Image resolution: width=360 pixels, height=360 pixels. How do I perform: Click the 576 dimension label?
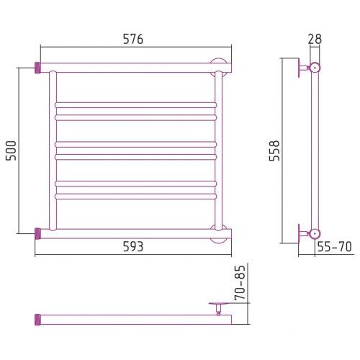click(x=133, y=39)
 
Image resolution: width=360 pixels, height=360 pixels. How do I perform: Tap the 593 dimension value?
click(x=133, y=246)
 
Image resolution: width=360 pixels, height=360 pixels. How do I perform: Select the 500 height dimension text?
click(x=11, y=150)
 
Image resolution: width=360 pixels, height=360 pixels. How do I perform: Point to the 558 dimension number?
click(x=274, y=150)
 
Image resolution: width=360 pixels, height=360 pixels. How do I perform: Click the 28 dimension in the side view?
click(x=315, y=39)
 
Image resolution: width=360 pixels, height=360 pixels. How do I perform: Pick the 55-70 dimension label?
click(x=335, y=246)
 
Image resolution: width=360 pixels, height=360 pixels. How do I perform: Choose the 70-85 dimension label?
click(x=240, y=283)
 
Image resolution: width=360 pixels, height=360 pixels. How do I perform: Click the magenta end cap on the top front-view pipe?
click(x=37, y=68)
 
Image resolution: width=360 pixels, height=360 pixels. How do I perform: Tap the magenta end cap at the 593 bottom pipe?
click(x=37, y=233)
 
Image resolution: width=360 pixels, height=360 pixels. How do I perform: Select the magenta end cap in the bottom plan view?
click(x=37, y=320)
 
